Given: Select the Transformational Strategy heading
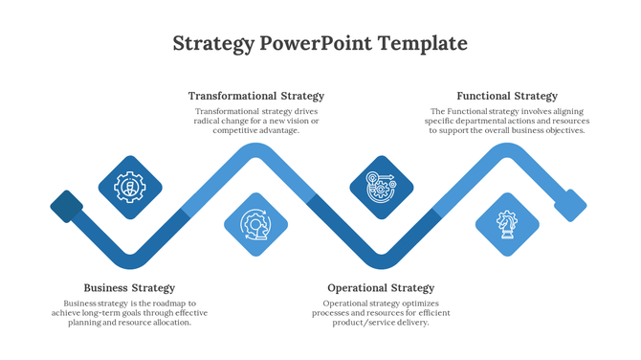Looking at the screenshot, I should (x=255, y=96).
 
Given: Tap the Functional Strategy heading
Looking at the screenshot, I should (x=507, y=96).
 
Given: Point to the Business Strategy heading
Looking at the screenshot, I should (x=129, y=287).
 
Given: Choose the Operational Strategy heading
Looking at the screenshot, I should (x=381, y=287).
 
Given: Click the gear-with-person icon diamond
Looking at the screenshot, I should (x=130, y=187).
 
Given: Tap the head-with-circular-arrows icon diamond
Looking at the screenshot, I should (x=255, y=225).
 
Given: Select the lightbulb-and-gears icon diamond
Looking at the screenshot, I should (x=381, y=187).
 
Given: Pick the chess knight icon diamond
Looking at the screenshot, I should (x=507, y=225).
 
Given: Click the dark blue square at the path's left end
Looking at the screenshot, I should (x=67, y=206).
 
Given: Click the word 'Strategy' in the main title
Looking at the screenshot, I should (x=214, y=44).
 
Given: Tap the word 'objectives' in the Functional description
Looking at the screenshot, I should (x=559, y=131).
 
